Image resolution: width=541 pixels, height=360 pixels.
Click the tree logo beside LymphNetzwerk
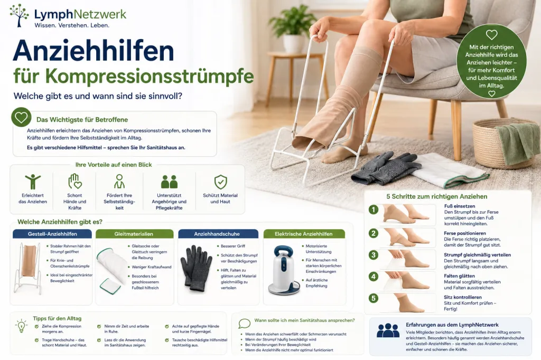tap(20, 15)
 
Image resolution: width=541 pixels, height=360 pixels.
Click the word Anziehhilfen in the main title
tap(93, 51)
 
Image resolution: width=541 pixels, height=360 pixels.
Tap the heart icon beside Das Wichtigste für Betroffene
tap(21, 117)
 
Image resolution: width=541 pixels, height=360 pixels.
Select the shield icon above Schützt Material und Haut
tap(220, 182)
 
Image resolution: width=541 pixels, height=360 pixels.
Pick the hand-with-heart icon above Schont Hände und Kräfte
tap(74, 182)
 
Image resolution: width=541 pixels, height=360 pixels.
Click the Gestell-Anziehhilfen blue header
tap(52, 234)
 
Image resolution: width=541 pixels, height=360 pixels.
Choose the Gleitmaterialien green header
tap(134, 234)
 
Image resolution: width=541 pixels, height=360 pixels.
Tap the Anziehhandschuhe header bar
tap(218, 234)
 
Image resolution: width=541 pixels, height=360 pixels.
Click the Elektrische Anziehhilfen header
tap(304, 234)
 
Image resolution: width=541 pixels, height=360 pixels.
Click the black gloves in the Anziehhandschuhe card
tap(196, 268)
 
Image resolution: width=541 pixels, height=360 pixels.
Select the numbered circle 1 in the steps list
tap(374, 210)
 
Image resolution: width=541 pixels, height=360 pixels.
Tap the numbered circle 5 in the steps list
tap(374, 298)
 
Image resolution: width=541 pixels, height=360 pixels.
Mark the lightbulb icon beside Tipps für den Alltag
tap(21, 326)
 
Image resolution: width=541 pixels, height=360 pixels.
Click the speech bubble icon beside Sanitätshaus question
tap(244, 324)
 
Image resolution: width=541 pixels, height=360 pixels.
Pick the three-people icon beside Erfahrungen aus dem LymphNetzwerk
tap(388, 330)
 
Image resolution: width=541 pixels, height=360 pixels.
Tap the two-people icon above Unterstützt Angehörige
tap(169, 182)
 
